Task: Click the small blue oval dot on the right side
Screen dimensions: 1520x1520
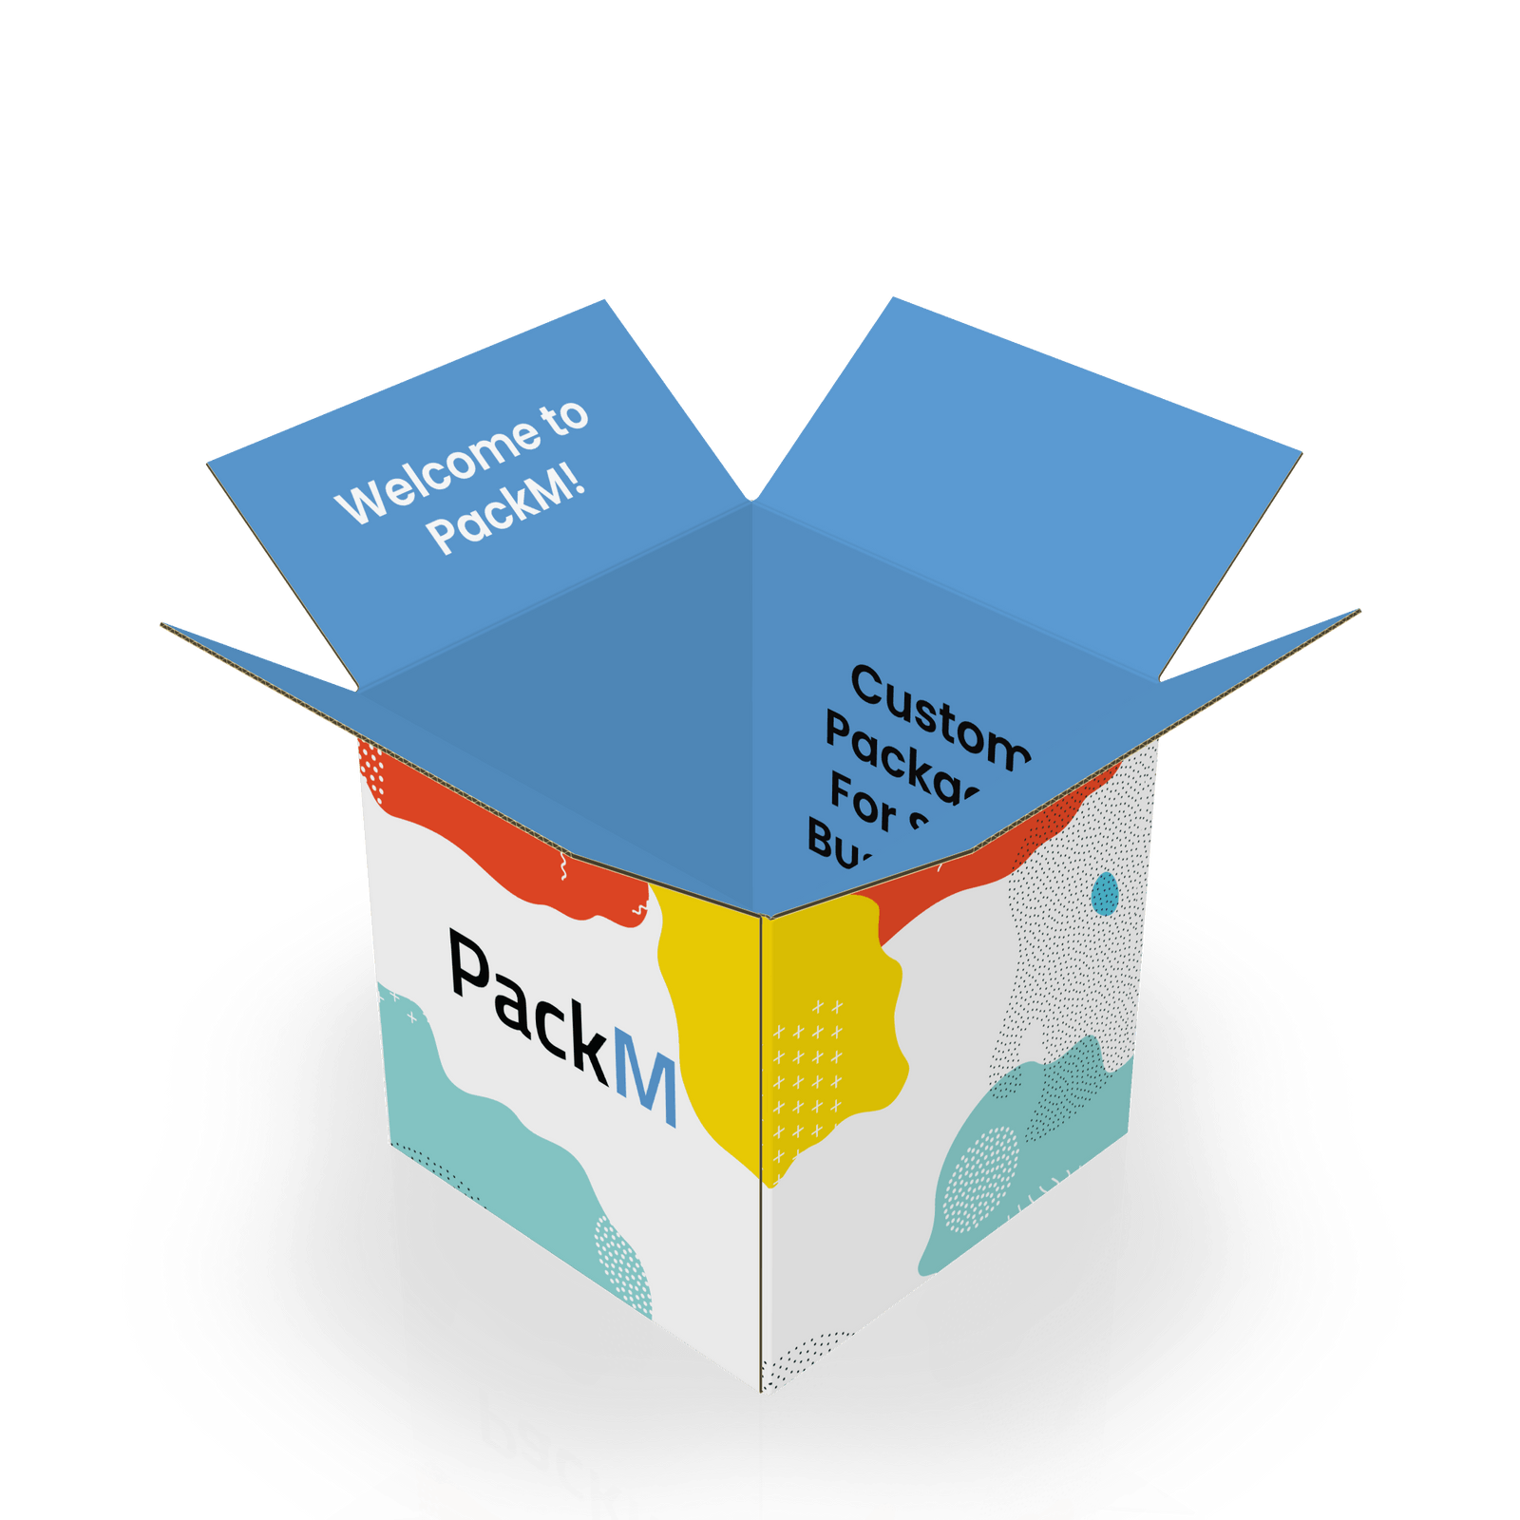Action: pyautogui.click(x=1105, y=894)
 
